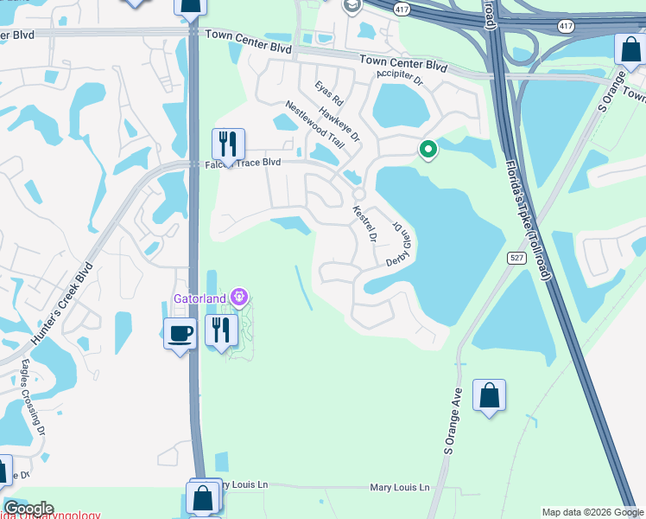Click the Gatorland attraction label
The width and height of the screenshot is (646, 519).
point(199,298)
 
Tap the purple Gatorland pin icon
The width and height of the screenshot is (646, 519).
point(239,298)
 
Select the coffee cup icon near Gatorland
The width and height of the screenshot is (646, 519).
point(180,332)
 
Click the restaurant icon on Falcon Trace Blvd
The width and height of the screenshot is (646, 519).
point(228,144)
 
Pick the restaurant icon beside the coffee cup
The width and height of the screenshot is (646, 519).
point(221,330)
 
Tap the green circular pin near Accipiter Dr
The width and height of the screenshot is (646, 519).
point(427,151)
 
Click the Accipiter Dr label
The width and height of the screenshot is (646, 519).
point(400,79)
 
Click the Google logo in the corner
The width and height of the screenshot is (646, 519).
point(28,509)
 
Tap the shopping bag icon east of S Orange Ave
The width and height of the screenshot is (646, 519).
point(489,397)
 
